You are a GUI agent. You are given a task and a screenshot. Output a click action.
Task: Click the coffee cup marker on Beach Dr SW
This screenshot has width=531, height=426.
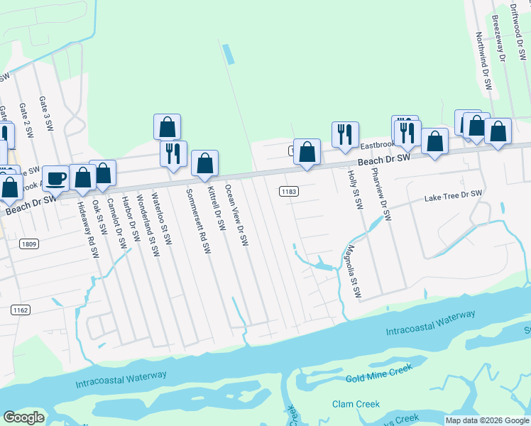tap(55, 177)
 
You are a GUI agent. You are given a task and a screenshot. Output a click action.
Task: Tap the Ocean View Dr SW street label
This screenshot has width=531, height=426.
tap(236, 215)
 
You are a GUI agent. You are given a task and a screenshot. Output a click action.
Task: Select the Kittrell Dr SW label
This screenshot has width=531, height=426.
tap(217, 209)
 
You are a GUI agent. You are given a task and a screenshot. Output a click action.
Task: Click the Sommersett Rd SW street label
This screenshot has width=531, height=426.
tap(198, 221)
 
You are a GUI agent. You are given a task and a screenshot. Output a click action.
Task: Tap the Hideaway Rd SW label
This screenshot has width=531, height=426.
tap(87, 223)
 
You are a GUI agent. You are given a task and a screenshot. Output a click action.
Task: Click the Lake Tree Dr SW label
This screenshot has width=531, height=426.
tap(453, 195)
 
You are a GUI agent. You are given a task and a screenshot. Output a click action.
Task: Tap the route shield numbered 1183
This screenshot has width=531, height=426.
tap(288, 192)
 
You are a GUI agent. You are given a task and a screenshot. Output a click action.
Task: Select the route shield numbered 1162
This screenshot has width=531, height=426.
tap(20, 310)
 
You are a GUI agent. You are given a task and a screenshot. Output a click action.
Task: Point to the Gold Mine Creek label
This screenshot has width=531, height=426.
tap(379, 373)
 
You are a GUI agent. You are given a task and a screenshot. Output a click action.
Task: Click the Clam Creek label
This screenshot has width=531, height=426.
tap(356, 404)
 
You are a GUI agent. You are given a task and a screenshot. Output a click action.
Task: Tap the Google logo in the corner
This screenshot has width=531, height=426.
tap(23, 417)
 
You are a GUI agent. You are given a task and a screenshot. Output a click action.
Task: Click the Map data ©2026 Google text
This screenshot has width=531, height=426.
tap(487, 420)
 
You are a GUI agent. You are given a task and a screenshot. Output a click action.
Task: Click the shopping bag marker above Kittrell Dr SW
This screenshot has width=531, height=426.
tap(204, 163)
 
